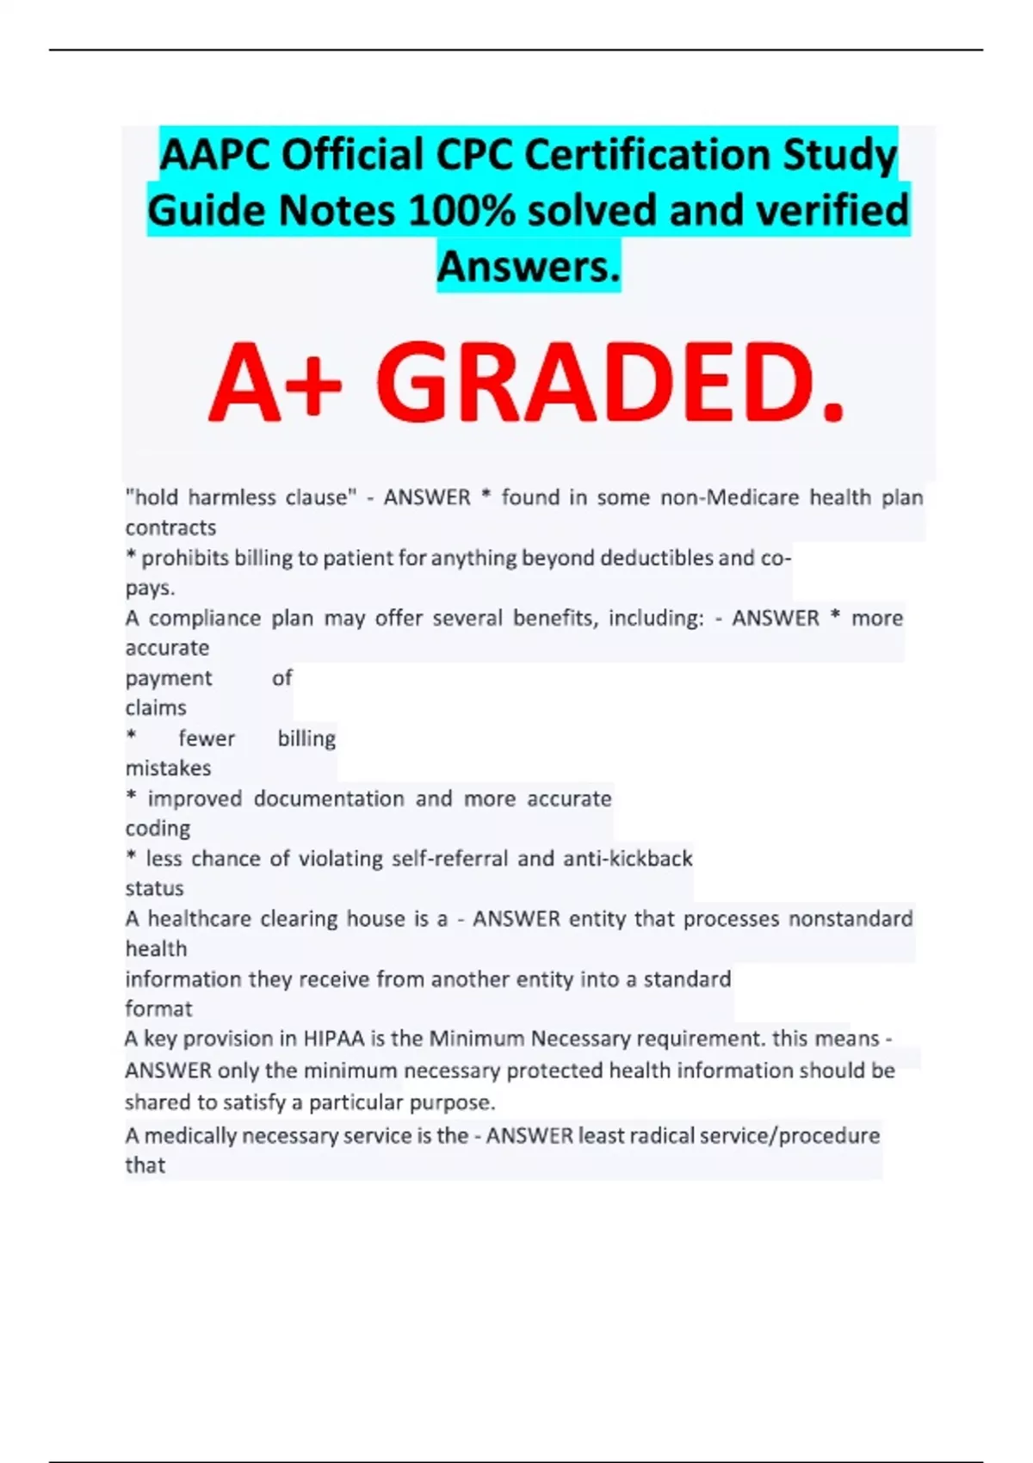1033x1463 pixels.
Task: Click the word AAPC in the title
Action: (214, 157)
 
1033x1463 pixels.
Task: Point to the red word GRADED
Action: (609, 385)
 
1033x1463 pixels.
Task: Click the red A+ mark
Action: (275, 385)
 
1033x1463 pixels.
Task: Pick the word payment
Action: (169, 678)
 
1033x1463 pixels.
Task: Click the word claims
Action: (156, 708)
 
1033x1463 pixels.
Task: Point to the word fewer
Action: (207, 738)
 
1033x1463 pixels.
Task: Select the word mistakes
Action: (169, 768)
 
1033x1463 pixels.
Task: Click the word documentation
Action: (329, 799)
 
